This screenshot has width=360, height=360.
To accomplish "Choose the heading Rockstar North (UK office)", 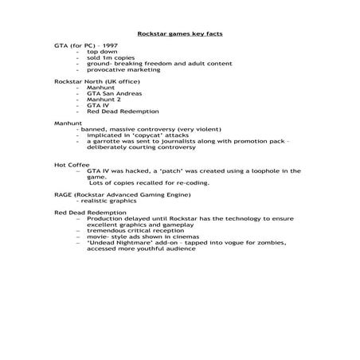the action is pyautogui.click(x=93, y=82).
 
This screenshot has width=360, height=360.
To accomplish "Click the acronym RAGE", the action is pyautogui.click(x=64, y=194).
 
